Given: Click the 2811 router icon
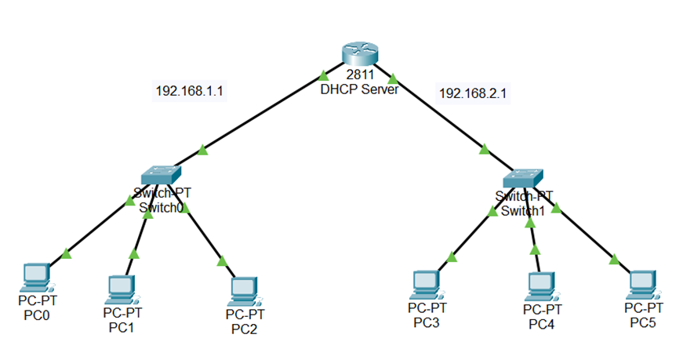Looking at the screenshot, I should [360, 56].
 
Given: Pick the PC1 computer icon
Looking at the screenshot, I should [119, 289].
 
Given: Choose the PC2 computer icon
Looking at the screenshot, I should [244, 291].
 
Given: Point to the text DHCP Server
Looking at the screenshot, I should [359, 89].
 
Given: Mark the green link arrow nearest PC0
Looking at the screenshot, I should [67, 253].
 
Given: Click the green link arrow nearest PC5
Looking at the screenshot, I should [613, 259].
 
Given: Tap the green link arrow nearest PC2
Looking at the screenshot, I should [222, 260].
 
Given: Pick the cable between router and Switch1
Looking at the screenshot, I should [443, 118].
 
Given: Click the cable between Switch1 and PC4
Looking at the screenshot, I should [533, 235].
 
